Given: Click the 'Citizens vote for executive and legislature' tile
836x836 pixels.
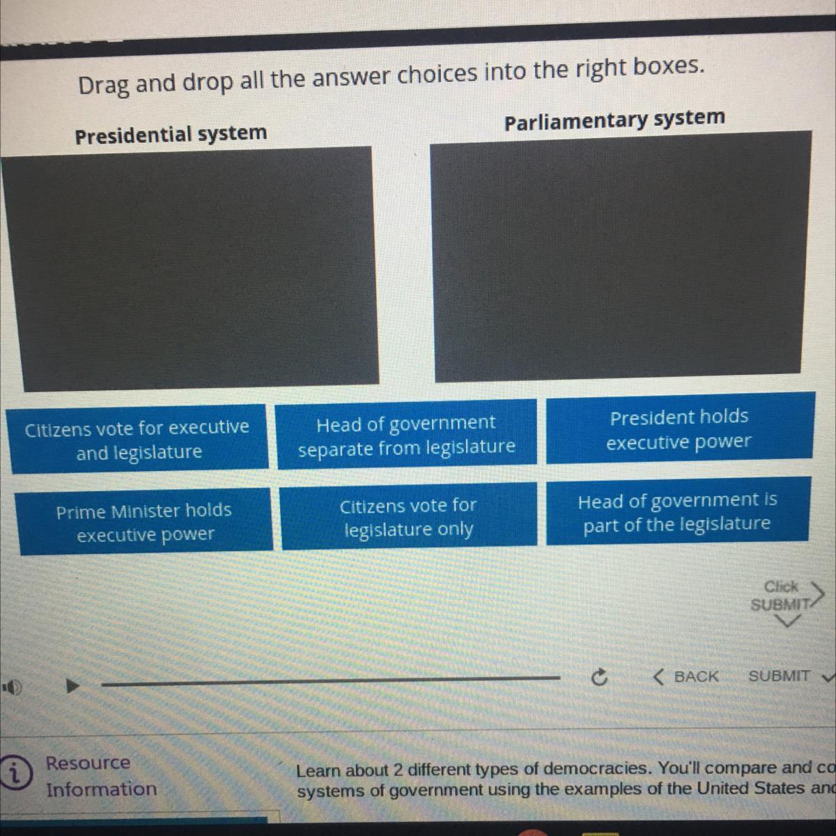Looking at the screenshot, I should click(x=137, y=439).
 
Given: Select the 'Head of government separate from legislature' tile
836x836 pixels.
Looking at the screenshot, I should click(x=407, y=435).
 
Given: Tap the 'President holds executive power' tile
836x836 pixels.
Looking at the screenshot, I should click(x=679, y=428).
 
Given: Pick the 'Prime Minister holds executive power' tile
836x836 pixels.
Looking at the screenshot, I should click(x=144, y=522).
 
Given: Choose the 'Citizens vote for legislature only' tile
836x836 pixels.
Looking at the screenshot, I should click(x=408, y=516).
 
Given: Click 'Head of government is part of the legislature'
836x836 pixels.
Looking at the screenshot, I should click(x=677, y=511).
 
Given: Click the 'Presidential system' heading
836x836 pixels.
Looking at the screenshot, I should click(x=171, y=134).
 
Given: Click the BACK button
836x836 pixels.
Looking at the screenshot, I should click(x=687, y=676).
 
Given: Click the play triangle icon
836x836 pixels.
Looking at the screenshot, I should click(x=71, y=686).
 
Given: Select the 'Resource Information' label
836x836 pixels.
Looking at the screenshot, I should click(x=101, y=776).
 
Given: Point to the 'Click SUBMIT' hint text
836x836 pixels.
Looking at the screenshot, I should click(x=780, y=596).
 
